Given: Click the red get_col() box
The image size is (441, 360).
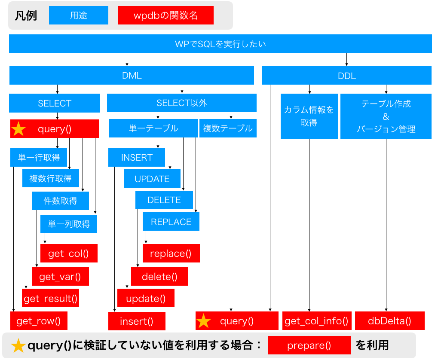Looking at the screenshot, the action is pos(69,253).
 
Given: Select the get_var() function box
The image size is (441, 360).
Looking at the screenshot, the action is pos(60,277).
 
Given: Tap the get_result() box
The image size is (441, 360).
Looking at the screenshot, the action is pos(50,298).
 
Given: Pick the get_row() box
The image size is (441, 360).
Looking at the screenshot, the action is pos(39,320).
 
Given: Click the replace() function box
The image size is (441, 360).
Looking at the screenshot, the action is pos(171,253).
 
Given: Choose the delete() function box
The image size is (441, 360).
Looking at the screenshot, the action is pos(159,277).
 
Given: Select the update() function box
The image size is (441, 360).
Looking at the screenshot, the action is pos(146,298).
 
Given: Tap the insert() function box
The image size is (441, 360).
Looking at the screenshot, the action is pos(137,321).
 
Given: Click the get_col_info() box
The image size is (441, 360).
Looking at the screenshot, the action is pos(317,320).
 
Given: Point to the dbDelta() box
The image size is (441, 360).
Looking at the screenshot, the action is pos(389,320).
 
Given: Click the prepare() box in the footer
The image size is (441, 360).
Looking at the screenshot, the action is pos(309,345).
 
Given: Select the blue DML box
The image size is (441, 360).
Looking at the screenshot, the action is pos(132,75).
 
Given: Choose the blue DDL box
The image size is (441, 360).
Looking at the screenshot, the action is pos(346,75).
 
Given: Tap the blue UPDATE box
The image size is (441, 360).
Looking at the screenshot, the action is pos(152,179).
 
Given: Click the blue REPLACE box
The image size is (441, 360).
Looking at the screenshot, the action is pos(171,221).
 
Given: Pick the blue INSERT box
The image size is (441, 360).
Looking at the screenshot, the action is pos(137,157).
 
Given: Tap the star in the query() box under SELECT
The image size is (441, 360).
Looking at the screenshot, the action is pos(18,129).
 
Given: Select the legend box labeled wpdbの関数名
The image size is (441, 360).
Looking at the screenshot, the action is pos(165,15).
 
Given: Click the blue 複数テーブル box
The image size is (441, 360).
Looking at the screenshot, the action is pos(228,128).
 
